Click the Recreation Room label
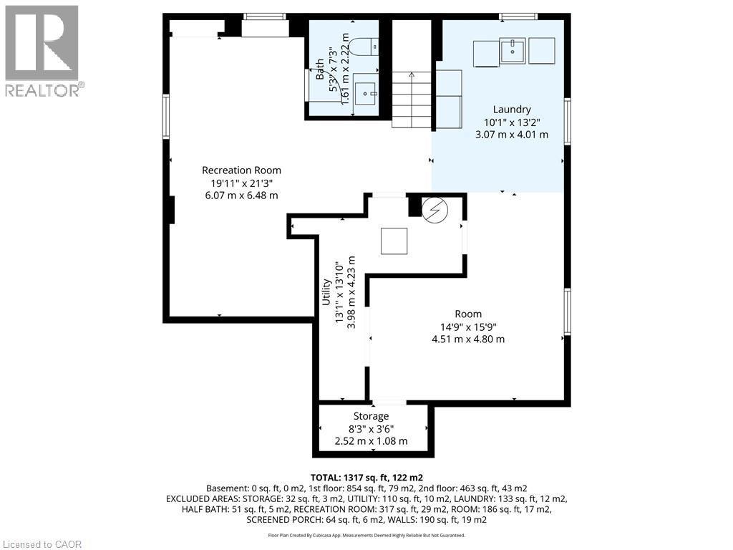tap(241, 170)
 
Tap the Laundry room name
tap(511, 110)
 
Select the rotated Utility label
tap(326, 293)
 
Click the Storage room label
tap(371, 416)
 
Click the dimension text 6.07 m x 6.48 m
tap(241, 196)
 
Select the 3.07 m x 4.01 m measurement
tap(511, 134)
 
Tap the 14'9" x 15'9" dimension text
tap(468, 327)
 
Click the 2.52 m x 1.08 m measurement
tap(371, 441)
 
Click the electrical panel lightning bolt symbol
tap(433, 210)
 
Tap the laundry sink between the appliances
tap(513, 51)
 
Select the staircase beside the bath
tap(412, 100)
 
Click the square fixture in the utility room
tap(394, 241)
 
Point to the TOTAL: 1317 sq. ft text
tap(366, 477)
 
